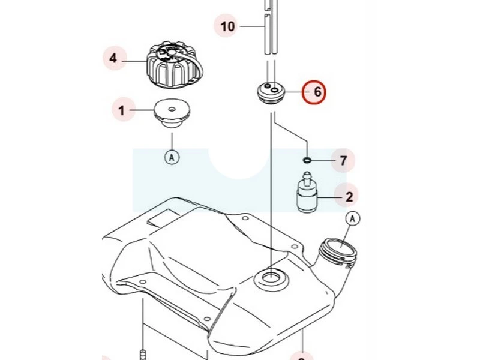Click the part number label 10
tap(227, 26)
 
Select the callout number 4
tap(113, 59)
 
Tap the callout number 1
tap(122, 110)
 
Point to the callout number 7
tap(343, 160)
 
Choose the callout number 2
tap(349, 196)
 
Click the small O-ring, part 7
tap(307, 160)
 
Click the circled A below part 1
tap(172, 157)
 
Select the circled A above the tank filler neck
tap(352, 219)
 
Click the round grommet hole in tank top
tap(271, 278)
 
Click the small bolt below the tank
tap(143, 353)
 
